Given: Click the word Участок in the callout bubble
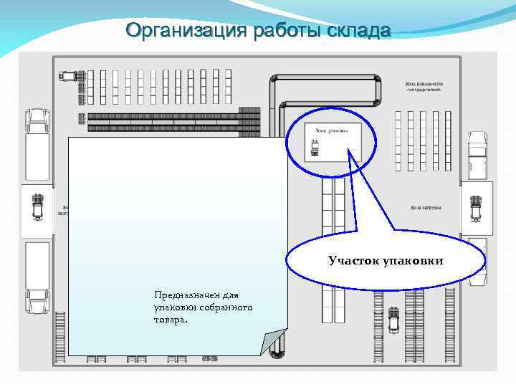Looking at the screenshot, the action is coord(355,261).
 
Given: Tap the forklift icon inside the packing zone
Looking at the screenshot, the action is coord(314,148).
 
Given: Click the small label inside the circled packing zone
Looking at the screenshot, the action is coord(331,130).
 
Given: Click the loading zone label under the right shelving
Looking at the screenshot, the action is coord(424,208).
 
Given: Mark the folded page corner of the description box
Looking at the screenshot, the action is coord(274,342).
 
